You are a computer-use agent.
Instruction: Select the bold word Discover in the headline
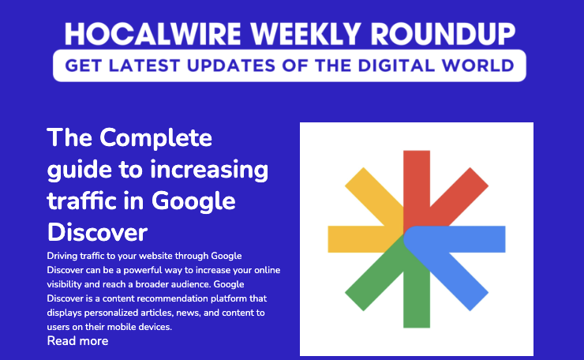coord(98,232)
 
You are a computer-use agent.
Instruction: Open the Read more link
coord(77,341)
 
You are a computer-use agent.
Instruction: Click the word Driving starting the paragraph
coord(64,256)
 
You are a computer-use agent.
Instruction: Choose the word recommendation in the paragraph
coord(167,298)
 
